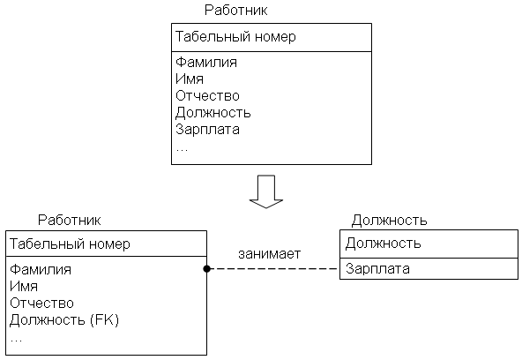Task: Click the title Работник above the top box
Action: (x=235, y=11)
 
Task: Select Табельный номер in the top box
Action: (x=235, y=37)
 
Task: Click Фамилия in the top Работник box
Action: (x=206, y=63)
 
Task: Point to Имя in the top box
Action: (x=190, y=79)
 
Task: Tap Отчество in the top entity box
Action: (x=207, y=95)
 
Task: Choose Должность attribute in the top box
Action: (x=213, y=113)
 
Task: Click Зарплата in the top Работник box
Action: (x=207, y=129)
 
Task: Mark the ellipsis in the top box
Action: (x=182, y=149)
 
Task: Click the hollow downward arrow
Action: (x=266, y=191)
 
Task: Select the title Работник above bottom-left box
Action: (x=70, y=220)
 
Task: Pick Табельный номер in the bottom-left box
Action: (x=70, y=244)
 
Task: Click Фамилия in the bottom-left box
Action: (x=41, y=269)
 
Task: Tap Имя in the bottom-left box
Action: (x=24, y=286)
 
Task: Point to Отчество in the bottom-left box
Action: (x=41, y=303)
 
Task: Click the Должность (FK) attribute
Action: (x=64, y=320)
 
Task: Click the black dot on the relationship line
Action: (x=206, y=269)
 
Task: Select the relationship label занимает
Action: (x=269, y=254)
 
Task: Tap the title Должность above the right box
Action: (x=389, y=221)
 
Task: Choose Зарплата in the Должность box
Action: (x=377, y=269)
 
